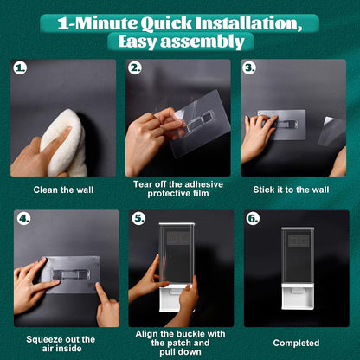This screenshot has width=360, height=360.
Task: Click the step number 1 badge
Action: [x=21, y=68]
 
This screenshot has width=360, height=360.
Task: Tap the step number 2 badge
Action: [x=135, y=68]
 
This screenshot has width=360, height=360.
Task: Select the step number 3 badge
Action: [x=249, y=68]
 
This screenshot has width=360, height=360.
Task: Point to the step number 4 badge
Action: [x=24, y=218]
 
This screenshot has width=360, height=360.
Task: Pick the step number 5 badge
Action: [x=138, y=218]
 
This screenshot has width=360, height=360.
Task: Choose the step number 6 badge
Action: [x=253, y=218]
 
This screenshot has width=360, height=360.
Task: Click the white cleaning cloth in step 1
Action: [x=66, y=143]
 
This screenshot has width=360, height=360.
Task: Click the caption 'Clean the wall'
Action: [x=63, y=190]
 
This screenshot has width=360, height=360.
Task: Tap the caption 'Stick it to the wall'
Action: [x=291, y=190]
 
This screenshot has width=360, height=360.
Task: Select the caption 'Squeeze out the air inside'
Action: [x=61, y=344]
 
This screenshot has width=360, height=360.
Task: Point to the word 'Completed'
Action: [x=296, y=343]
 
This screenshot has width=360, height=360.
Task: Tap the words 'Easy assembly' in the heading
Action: [x=181, y=42]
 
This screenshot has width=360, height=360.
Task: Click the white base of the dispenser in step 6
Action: [x=298, y=296]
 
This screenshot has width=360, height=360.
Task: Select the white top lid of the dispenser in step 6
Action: [x=298, y=228]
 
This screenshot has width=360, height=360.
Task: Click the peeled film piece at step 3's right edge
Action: [x=332, y=132]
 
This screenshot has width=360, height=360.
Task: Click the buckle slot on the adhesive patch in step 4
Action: [x=69, y=274]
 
